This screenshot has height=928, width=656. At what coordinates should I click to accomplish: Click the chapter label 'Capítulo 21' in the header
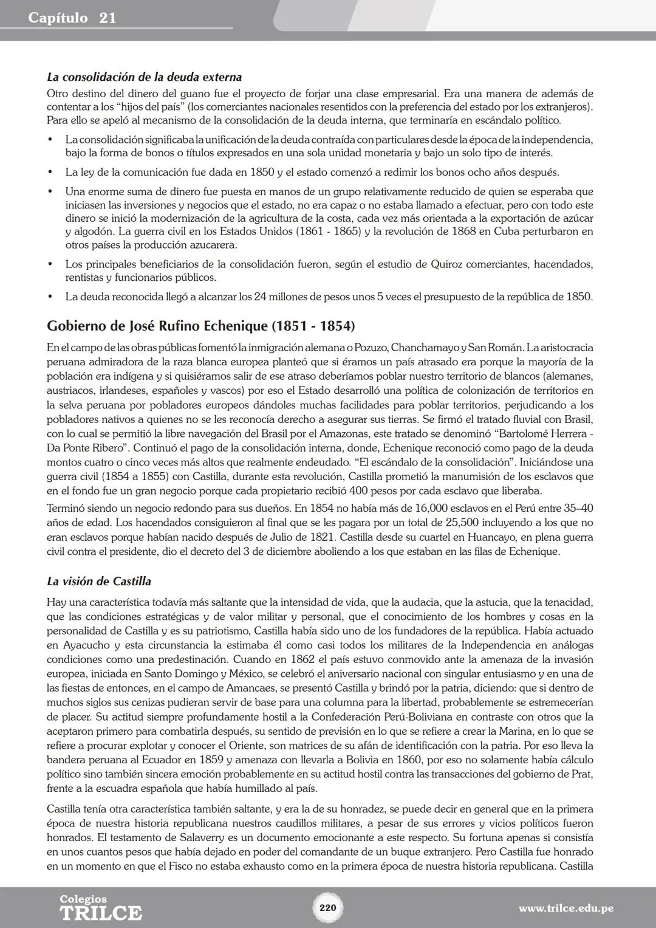tap(72, 18)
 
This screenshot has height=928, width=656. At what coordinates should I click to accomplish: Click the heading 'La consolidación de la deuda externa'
tap(144, 77)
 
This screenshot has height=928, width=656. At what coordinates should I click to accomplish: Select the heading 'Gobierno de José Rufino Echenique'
tap(200, 326)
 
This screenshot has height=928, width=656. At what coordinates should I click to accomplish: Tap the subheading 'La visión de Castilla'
tap(99, 581)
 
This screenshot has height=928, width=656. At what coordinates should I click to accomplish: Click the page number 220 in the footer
tap(327, 908)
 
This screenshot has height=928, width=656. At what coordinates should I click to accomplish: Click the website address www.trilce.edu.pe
tap(565, 909)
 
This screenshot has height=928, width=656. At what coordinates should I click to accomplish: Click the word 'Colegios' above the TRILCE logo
tap(83, 899)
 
